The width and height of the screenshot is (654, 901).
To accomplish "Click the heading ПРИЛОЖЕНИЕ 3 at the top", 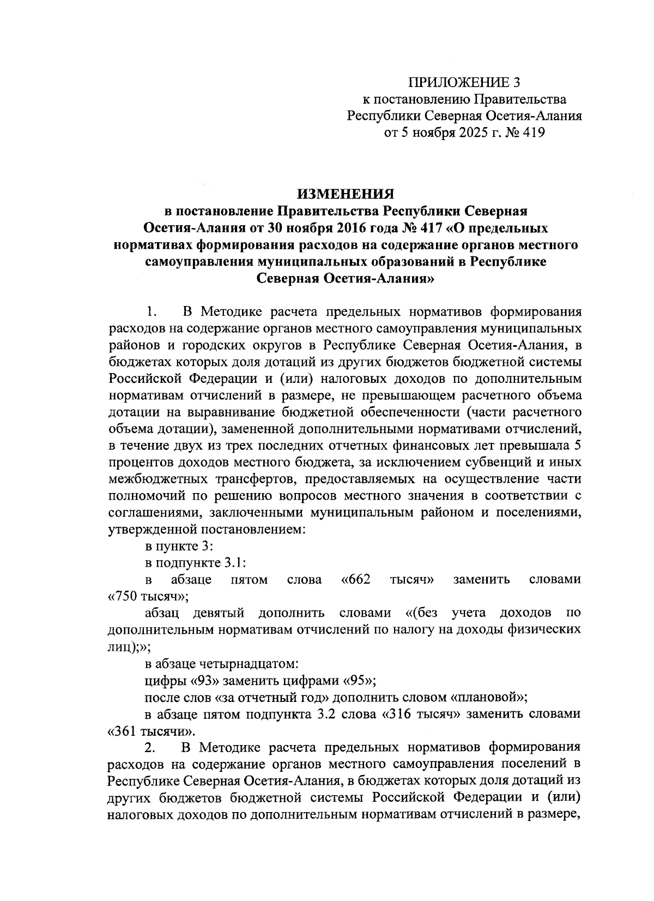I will coord(465,82).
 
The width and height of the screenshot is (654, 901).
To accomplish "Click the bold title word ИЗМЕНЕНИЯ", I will coord(344,195).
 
